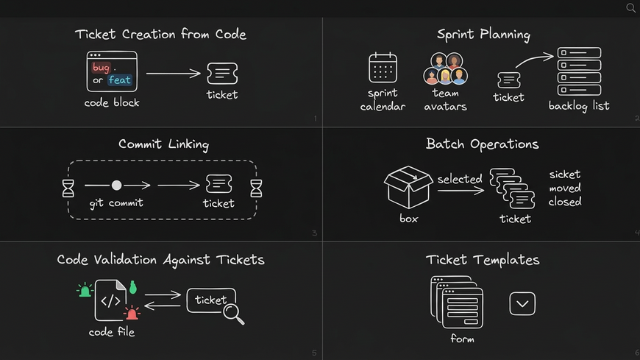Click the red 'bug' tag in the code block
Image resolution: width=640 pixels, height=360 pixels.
pos(101,67)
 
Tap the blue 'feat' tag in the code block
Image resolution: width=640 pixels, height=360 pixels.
pos(119,80)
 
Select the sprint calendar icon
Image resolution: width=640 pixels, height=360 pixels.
pos(383,68)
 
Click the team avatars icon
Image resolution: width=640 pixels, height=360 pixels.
pos(445,69)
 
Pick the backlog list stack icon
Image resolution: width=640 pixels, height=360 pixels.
pos(579,70)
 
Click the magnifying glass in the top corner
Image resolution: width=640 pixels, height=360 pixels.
pos(630,8)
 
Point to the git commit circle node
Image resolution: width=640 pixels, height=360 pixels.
pos(116,186)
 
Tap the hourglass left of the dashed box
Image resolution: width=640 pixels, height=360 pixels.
pos(68,188)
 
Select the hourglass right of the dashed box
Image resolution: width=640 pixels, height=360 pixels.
pos(257,188)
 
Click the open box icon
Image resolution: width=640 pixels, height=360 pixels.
pos(408,187)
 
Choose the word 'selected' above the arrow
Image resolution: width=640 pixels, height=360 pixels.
pos(460,179)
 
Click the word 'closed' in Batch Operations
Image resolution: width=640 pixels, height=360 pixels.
pos(565,202)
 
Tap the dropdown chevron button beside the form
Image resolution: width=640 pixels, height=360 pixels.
pos(522,303)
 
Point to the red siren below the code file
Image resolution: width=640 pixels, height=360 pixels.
pos(132,314)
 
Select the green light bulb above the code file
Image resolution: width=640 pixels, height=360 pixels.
pos(133,287)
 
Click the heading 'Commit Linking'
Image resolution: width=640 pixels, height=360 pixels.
pos(163,144)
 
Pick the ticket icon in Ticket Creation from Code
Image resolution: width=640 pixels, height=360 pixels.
pos(222,73)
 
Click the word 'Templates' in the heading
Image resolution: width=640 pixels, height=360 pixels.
pos(507,260)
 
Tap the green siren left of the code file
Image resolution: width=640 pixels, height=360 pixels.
pos(85,291)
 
